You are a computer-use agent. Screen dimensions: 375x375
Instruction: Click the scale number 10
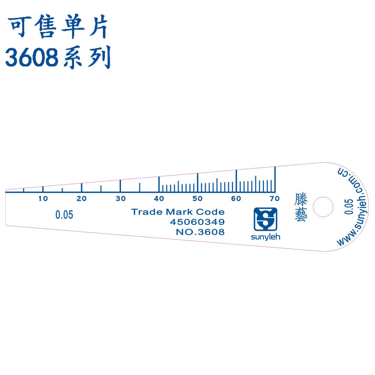coord(43,198)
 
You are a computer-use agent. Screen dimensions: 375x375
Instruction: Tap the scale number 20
coord(82,198)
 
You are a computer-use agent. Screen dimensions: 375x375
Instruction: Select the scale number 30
coord(121,198)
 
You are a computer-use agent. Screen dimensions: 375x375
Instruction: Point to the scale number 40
coord(159,198)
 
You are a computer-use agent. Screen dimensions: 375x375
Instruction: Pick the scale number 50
coord(197,198)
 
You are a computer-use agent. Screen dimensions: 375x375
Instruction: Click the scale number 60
coord(236,198)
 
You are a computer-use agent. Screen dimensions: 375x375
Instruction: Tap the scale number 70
coord(274,198)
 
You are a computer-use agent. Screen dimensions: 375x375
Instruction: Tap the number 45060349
coord(197,222)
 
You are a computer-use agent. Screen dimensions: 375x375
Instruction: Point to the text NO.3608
coord(200,232)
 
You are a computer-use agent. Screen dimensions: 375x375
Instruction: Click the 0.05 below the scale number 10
coord(64,215)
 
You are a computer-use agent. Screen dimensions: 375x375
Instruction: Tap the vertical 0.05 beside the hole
coord(348,207)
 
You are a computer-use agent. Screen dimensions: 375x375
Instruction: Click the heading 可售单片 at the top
coord(58,28)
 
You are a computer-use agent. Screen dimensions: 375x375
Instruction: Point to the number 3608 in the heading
coord(32,58)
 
